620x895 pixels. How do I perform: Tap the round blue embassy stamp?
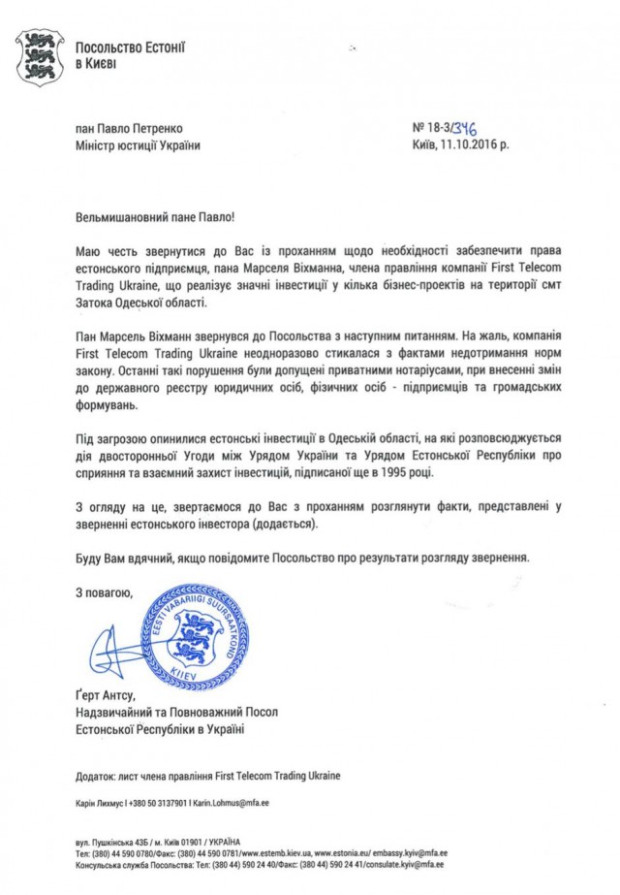tap(197, 636)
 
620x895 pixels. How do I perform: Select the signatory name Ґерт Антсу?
tap(106, 696)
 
